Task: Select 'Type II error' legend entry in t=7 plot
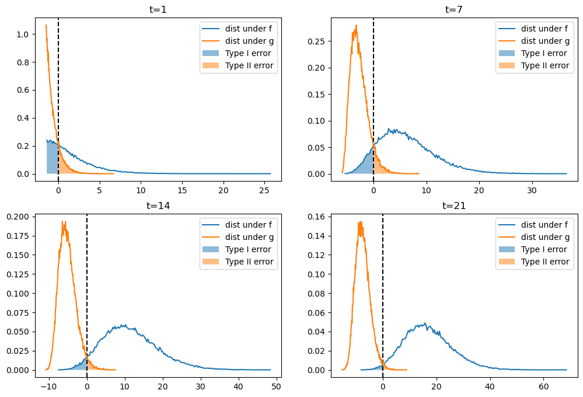[544, 65]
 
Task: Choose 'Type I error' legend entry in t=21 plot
[544, 249]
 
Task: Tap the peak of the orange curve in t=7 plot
[355, 25]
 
